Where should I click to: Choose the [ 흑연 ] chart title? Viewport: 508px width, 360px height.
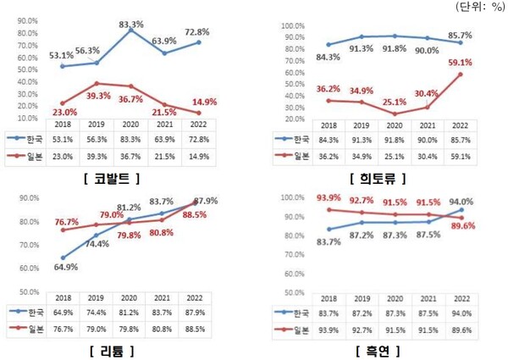(x=374, y=350)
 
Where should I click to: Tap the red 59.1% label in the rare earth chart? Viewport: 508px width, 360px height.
(x=460, y=62)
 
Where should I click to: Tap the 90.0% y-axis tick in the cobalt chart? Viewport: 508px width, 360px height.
(x=26, y=19)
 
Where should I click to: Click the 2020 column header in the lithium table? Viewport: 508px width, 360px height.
(x=130, y=298)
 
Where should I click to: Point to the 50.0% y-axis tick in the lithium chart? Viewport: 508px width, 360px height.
(x=26, y=292)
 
